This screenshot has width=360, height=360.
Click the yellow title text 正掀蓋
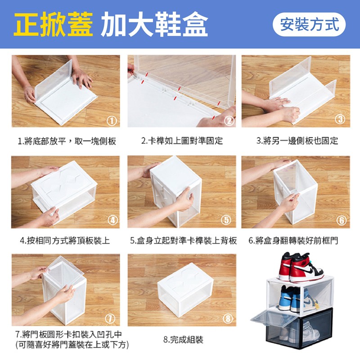point(53,24)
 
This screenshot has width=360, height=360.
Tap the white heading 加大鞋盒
point(154,24)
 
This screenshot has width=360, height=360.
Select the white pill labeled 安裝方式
point(309,24)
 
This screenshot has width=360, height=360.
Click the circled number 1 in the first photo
point(112,120)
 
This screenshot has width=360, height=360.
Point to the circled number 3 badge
point(340,119)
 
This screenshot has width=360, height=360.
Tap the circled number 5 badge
point(226,220)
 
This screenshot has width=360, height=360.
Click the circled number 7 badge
point(110,319)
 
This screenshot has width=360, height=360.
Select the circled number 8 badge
point(228,319)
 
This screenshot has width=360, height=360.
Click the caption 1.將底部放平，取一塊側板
point(67,141)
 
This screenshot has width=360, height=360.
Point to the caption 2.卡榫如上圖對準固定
point(182,141)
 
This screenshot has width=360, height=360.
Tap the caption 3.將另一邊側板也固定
point(297,141)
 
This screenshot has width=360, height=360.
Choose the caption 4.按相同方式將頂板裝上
point(65,241)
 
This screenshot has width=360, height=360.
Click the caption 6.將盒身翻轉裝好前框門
point(293,241)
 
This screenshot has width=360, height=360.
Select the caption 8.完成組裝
point(183,340)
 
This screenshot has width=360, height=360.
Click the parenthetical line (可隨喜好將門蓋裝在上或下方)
point(72,345)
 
